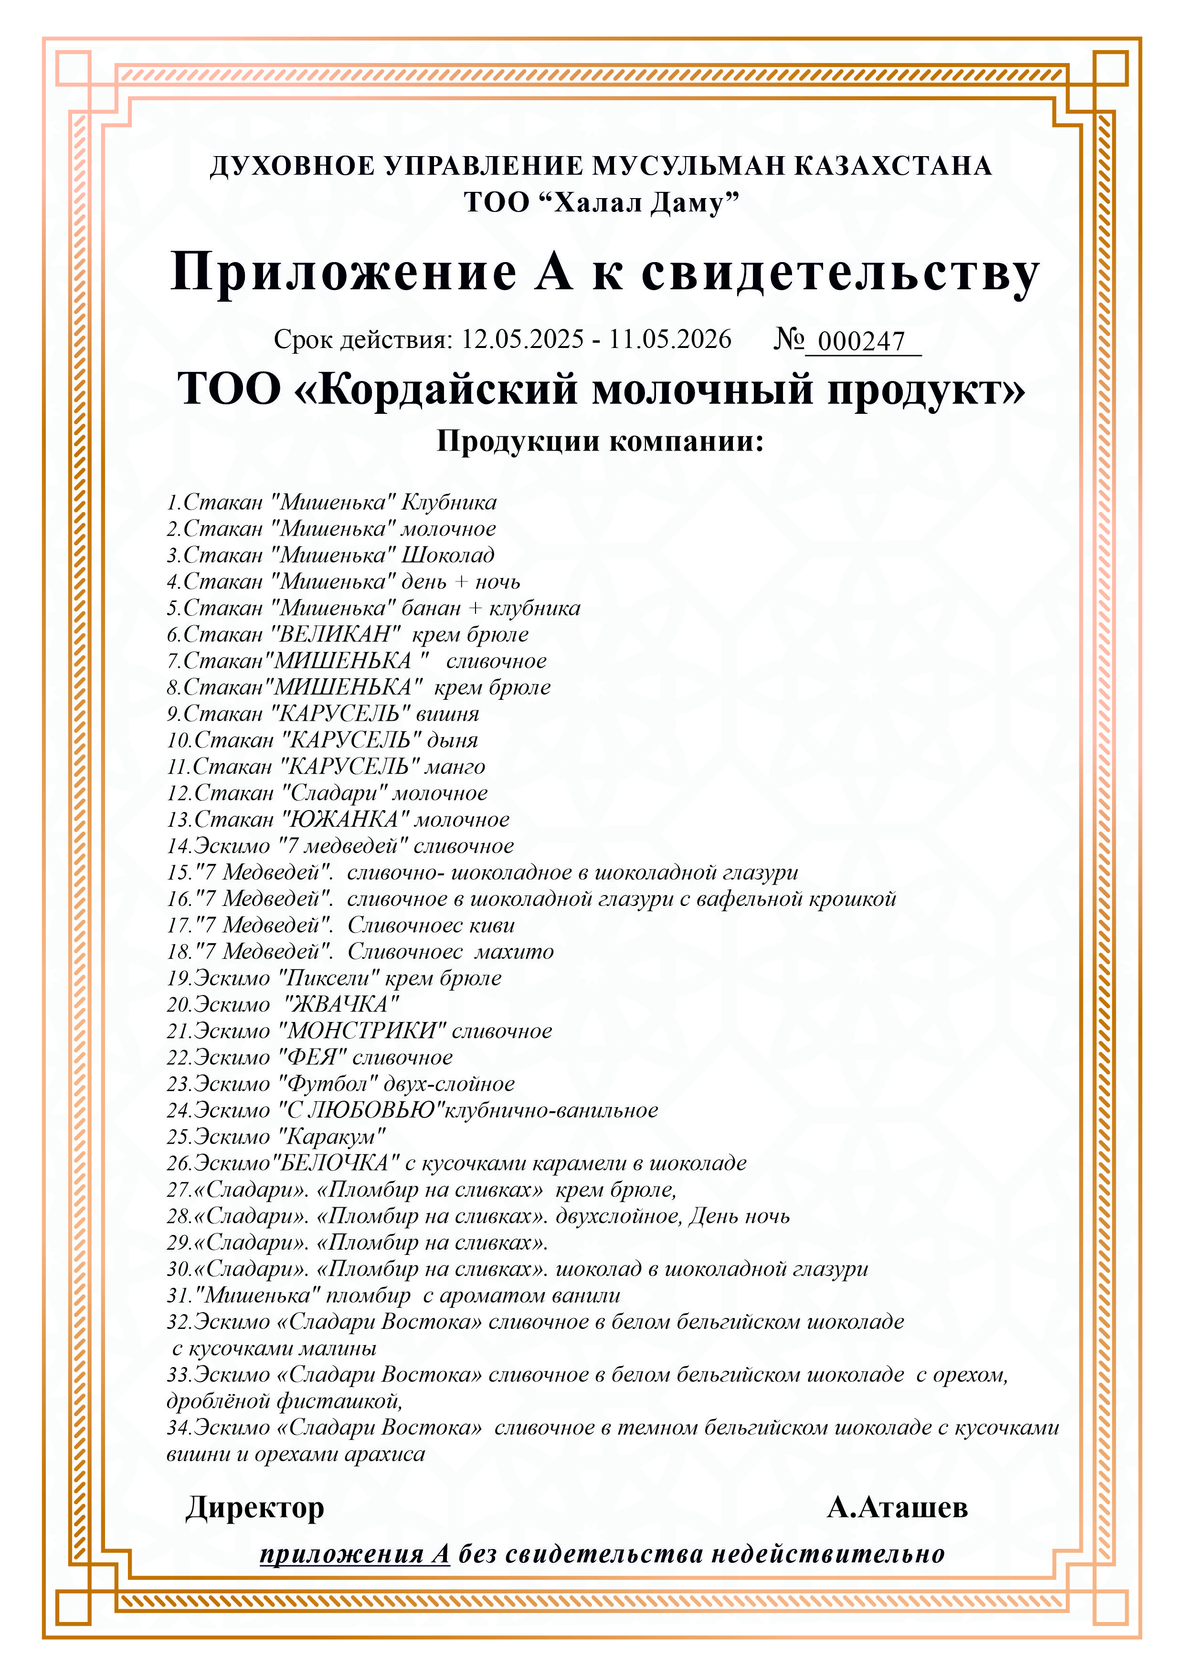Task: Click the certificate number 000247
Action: point(861,341)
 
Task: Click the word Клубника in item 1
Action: point(449,503)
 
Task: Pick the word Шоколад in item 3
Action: point(448,555)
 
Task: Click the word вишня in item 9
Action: point(447,714)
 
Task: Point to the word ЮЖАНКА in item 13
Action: point(345,820)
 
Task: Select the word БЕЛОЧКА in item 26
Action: point(335,1164)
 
